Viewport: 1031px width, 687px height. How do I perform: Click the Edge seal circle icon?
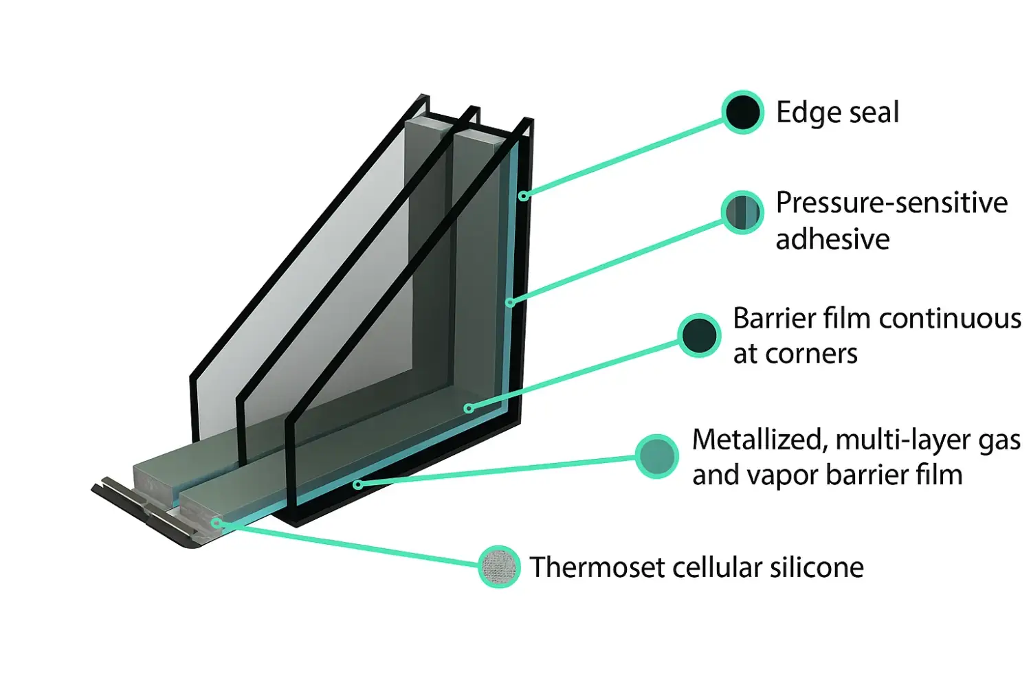pos(742,113)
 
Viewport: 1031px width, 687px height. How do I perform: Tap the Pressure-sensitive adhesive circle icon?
pos(742,212)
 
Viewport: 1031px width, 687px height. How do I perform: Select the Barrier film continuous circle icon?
pos(699,335)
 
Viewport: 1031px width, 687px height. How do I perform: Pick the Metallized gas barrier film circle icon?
pos(656,456)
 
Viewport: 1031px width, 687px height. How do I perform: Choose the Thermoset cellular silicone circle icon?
pos(499,567)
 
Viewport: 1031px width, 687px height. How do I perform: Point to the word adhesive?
pos(832,239)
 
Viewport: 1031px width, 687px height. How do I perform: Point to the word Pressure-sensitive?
pos(891,203)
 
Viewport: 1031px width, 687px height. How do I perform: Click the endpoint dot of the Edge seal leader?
pos(523,196)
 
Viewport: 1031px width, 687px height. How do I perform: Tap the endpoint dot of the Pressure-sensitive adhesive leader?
pos(509,302)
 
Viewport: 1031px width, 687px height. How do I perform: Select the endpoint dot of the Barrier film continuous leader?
pos(468,409)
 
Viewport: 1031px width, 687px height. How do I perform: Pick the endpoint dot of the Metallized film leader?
pos(357,484)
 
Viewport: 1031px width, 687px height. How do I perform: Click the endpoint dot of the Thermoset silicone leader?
pos(216,523)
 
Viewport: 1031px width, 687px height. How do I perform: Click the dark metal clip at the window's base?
pos(148,512)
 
